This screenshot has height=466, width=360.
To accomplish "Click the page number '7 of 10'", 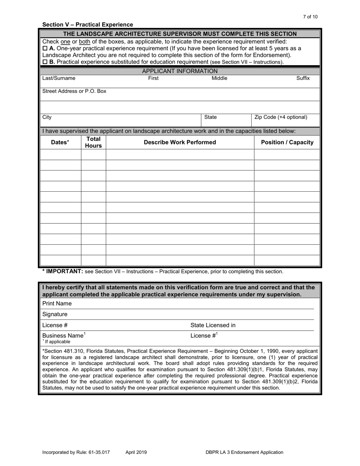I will point(310,17).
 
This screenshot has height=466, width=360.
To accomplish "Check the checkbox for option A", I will point(45,48).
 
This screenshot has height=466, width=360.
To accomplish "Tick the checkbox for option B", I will point(45,62).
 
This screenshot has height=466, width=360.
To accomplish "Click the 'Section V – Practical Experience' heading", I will point(88,25).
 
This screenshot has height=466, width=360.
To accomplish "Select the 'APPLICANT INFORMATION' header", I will point(180,71).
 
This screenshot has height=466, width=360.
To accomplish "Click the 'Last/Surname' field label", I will point(59,78).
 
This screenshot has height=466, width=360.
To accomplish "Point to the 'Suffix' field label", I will point(303,78).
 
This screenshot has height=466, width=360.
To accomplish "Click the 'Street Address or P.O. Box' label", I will point(74,91).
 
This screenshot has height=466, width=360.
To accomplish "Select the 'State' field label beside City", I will point(210,117).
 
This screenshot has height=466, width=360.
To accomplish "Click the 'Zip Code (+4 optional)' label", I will point(281,117).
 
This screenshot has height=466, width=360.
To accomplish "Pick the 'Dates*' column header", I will point(60,142).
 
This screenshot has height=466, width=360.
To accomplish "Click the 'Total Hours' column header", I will point(93,142).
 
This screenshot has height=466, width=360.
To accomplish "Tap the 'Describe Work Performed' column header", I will point(180,142).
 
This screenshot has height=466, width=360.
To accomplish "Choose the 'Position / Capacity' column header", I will point(287,142).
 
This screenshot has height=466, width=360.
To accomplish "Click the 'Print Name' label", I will point(57,303).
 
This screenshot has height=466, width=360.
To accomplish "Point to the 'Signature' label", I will point(55,314).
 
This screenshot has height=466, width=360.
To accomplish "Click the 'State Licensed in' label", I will point(213,325).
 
